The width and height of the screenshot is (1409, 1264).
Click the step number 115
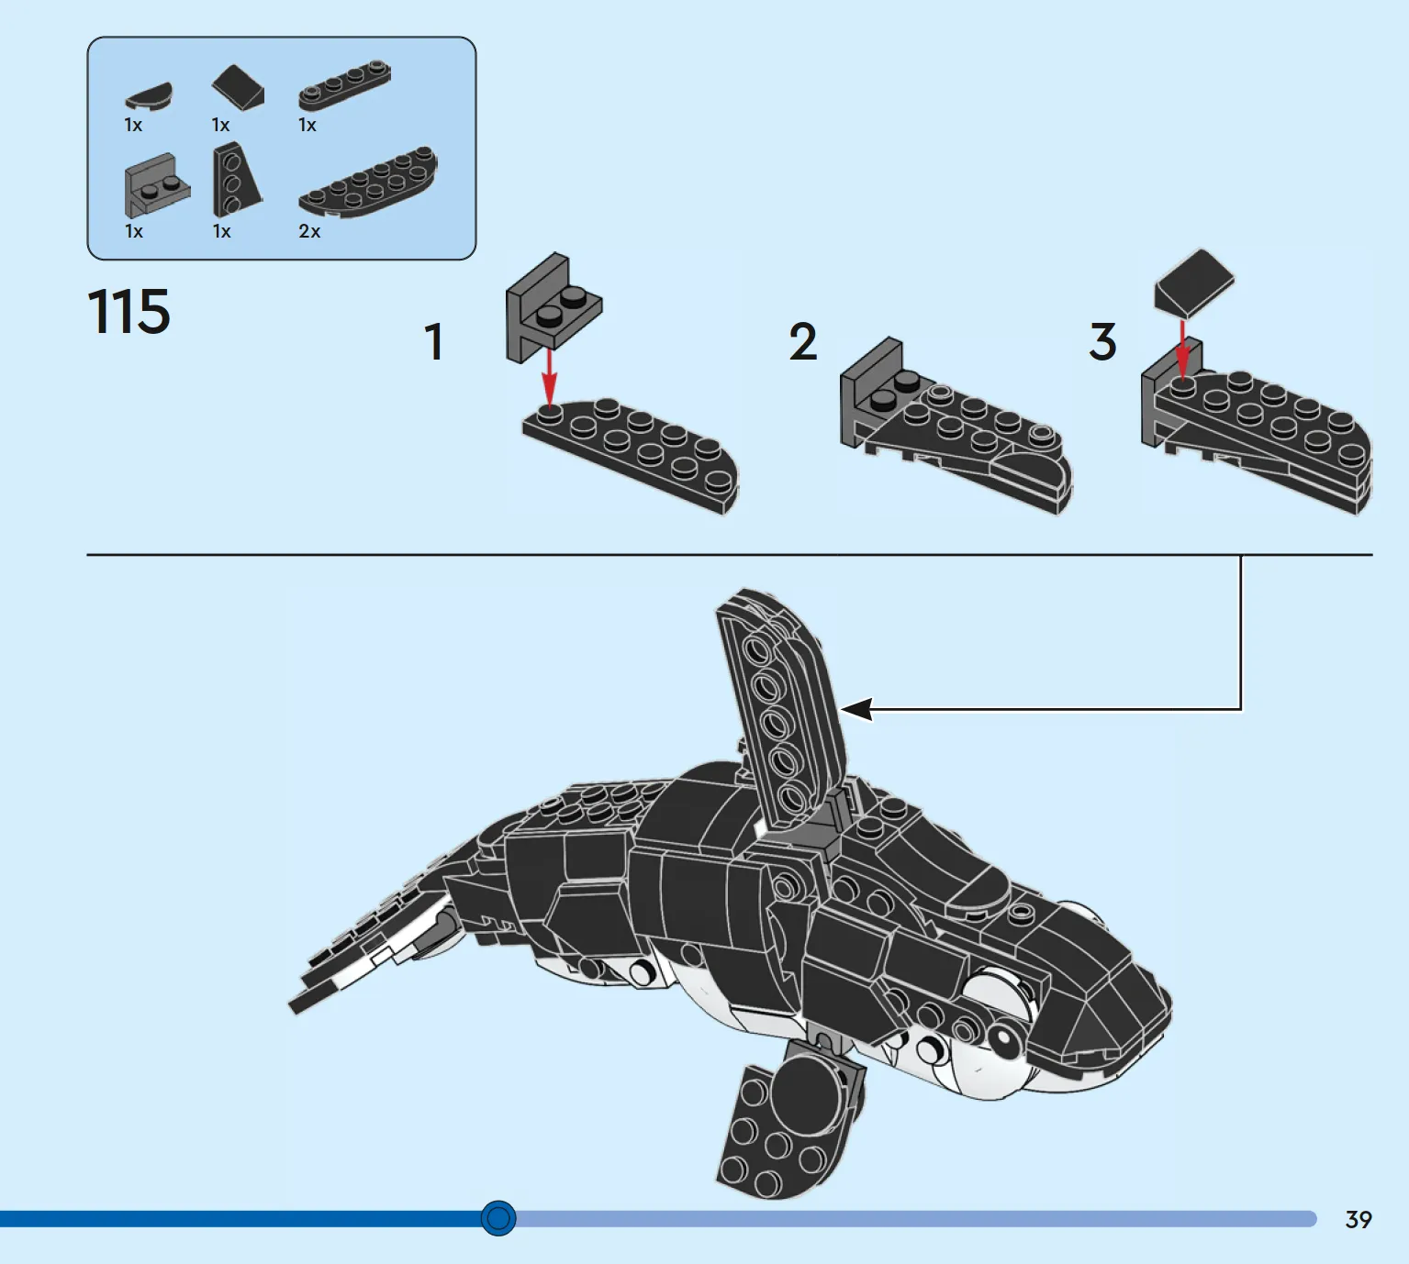pyautogui.click(x=129, y=311)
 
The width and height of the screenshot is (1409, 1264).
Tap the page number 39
pyautogui.click(x=1359, y=1220)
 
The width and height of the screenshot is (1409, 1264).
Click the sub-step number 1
pyautogui.click(x=435, y=341)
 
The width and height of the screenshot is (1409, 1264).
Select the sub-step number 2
pyautogui.click(x=803, y=341)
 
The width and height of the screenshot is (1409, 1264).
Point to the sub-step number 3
pyautogui.click(x=1103, y=341)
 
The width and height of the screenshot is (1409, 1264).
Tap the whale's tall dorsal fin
pyautogui.click(x=780, y=709)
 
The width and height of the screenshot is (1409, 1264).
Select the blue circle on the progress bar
pyautogui.click(x=498, y=1218)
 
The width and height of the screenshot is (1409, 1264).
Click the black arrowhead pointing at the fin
pyautogui.click(x=856, y=709)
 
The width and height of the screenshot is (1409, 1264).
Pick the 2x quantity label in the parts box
pyautogui.click(x=309, y=231)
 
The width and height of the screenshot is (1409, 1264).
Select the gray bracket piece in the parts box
pyautogui.click(x=157, y=185)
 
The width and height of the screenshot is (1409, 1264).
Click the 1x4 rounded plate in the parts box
pyautogui.click(x=345, y=84)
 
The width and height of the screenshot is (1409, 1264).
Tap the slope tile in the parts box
pyautogui.click(x=238, y=87)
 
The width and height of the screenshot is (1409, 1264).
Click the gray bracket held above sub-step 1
pyautogui.click(x=554, y=307)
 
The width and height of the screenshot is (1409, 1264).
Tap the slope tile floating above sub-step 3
pyautogui.click(x=1194, y=283)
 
